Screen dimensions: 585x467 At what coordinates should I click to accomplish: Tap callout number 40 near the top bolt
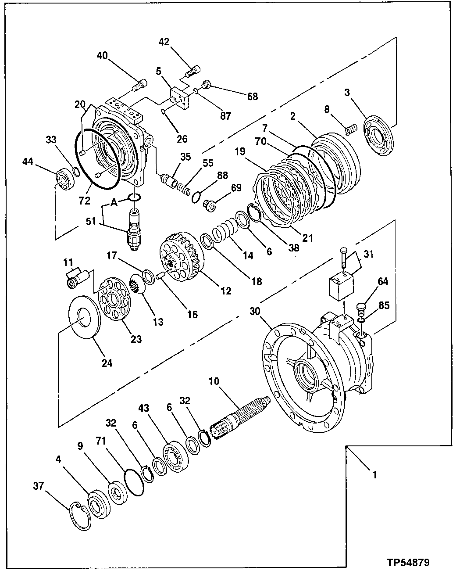point(102,56)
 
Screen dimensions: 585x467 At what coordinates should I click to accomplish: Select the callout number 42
point(164,42)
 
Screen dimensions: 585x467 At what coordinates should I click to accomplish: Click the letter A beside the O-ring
point(114,203)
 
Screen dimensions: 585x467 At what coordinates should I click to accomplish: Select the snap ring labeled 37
point(80,517)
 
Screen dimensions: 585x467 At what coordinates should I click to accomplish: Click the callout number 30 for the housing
point(255,311)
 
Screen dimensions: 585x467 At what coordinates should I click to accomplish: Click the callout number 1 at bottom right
point(374,474)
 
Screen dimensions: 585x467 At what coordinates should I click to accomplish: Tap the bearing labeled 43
point(175,454)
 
